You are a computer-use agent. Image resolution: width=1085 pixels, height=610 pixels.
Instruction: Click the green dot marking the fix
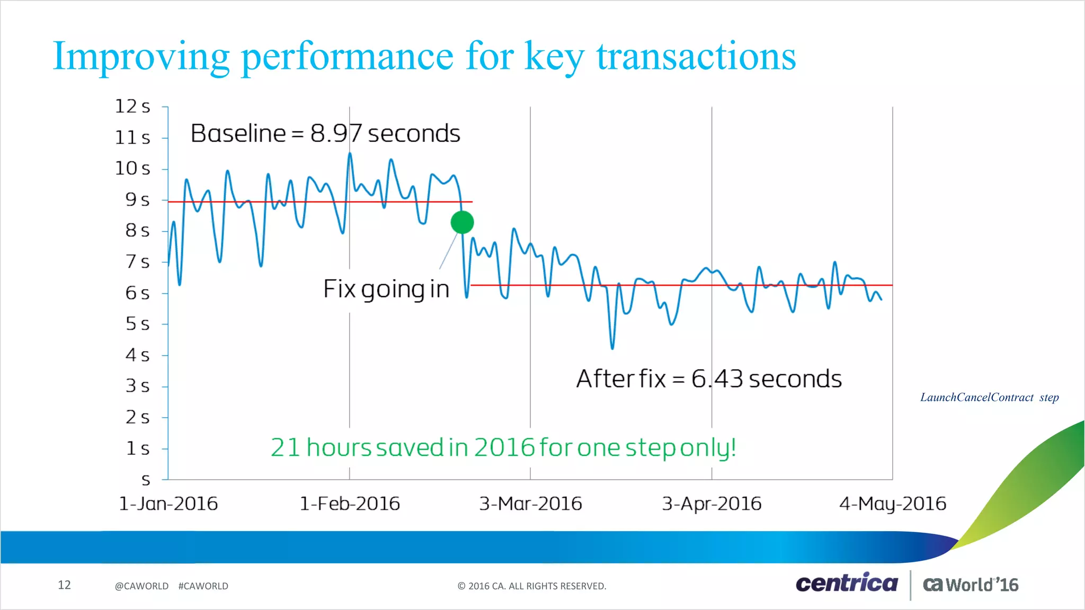pos(462,222)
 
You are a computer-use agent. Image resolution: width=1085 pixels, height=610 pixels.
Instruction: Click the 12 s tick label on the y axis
pos(132,106)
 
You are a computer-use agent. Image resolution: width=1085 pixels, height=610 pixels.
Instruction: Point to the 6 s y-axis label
pos(137,293)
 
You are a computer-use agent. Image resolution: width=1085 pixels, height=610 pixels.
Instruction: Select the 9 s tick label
pos(137,200)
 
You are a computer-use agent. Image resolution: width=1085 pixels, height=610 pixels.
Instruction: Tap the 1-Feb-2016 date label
pos(350,503)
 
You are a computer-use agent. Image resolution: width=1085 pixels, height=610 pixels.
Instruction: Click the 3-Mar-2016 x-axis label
pos(530,503)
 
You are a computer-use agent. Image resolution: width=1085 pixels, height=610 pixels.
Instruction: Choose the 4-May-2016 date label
pos(893,503)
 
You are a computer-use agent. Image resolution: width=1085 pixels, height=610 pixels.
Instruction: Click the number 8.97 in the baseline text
pos(336,133)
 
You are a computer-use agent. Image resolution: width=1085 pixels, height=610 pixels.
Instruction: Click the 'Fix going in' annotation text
pos(386,289)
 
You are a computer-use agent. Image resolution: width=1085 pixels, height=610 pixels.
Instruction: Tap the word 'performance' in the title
pos(347,56)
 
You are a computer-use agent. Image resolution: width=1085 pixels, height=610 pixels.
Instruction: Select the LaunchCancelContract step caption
pos(989,397)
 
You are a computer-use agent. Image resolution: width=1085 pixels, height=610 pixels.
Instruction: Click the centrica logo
pos(847,583)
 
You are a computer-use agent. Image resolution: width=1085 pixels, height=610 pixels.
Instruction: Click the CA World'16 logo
pos(971,585)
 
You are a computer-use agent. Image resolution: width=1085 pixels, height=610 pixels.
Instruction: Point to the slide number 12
pos(64,585)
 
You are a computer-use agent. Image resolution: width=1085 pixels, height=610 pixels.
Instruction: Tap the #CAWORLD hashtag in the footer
pos(203,586)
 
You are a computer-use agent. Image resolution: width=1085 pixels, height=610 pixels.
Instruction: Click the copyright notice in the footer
pos(532,586)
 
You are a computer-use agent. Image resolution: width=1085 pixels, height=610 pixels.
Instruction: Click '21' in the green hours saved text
pos(286,448)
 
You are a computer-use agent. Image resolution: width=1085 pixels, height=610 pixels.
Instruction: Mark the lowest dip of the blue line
pos(612,348)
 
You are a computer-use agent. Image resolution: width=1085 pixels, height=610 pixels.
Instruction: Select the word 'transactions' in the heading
pos(696,56)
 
